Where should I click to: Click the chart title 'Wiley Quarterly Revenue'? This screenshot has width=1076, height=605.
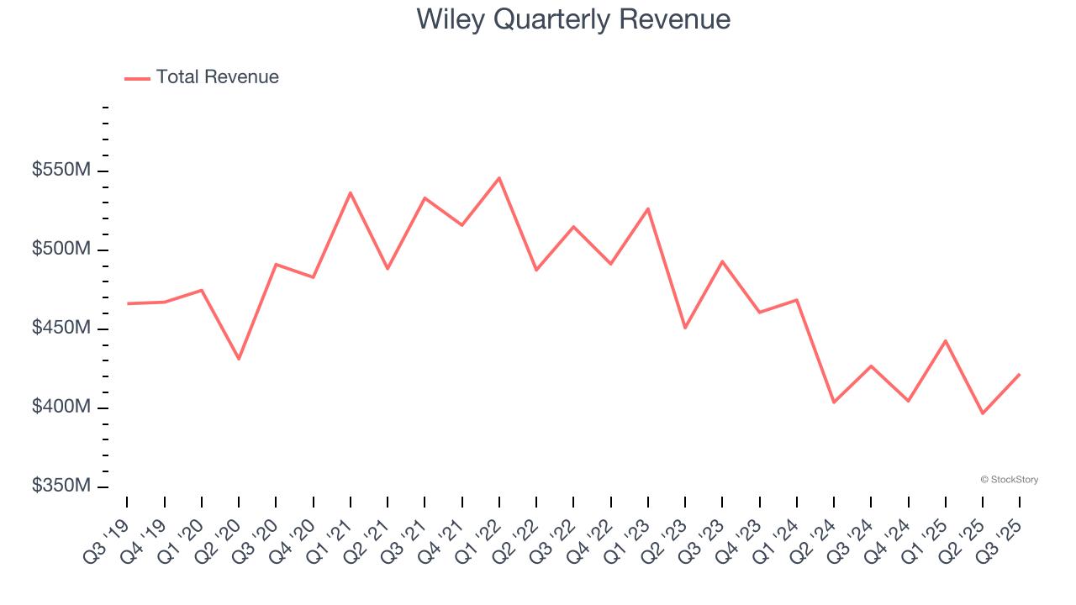pos(573,19)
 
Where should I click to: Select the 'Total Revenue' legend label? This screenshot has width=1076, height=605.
pos(217,77)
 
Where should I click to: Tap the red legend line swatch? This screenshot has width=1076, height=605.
pos(137,78)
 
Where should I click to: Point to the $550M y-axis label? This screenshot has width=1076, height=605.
pos(61,171)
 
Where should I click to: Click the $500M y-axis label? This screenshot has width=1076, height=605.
pos(61,250)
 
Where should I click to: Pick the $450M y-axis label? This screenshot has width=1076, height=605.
pos(61,328)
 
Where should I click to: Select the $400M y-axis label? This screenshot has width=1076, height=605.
pos(61,407)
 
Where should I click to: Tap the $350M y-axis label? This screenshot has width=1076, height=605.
pos(61,486)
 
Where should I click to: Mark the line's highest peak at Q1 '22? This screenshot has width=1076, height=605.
pos(499,178)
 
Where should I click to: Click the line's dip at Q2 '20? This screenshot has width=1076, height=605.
pos(239,359)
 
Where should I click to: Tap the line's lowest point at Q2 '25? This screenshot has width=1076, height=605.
pos(982,413)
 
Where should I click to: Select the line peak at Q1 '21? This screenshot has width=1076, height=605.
pos(351,192)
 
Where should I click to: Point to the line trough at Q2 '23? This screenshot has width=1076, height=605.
pos(685,328)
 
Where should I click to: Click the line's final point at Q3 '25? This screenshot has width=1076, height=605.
pos(1020,374)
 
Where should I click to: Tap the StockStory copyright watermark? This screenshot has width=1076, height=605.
pos(1009,480)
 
